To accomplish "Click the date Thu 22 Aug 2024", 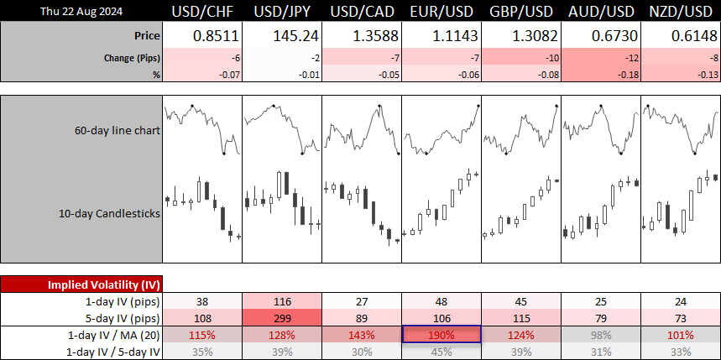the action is coord(81,12).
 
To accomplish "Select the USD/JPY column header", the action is coord(282,12).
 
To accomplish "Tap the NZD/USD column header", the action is coord(681,12).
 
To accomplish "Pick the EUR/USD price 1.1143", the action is coord(454,36).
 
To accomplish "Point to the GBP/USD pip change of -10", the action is coord(552,58).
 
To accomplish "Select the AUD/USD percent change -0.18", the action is coord(629,75).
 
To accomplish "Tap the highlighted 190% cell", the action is coord(441,334).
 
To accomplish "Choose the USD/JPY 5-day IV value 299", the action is coord(282,318).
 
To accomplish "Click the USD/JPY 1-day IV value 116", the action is coord(282,301).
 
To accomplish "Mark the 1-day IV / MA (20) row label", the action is coord(113,335).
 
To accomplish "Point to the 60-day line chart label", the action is coord(118,130).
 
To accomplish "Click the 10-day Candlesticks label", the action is coord(109,213).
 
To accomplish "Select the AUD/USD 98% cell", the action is coord(602,335).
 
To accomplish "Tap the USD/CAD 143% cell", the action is coord(362,335).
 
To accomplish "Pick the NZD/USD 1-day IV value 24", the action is coord(681,301).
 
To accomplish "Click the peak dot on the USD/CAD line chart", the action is coord(379,106).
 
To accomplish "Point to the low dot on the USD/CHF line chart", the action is coord(223,153).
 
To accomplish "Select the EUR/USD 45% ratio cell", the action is coord(441,352).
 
